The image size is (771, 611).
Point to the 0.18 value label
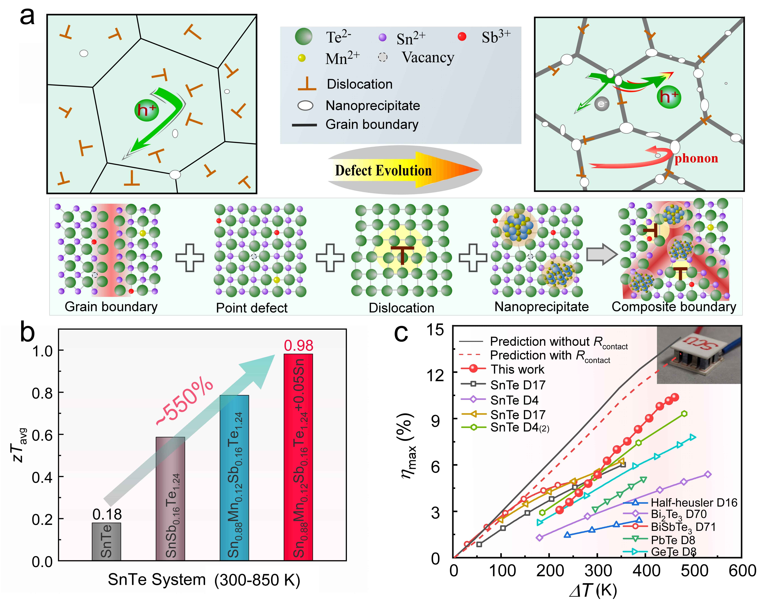point(107,514)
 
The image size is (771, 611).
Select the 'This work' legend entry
point(502,369)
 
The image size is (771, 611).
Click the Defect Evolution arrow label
point(383,170)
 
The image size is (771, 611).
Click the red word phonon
point(696,158)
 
